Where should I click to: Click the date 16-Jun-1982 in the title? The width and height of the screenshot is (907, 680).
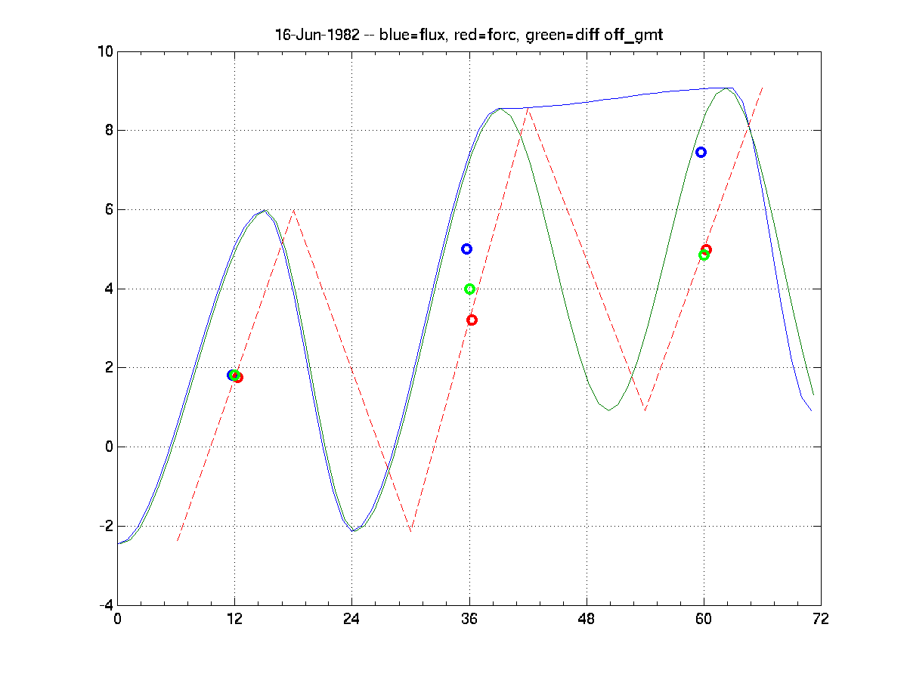click(312, 36)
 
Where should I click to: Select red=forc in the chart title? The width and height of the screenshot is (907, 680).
click(467, 36)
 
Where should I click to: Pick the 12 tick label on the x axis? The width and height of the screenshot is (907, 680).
click(234, 619)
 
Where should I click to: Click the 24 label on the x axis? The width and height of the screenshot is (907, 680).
click(351, 619)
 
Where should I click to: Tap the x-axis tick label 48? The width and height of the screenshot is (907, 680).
click(587, 619)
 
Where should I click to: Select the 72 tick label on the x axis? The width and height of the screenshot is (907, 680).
click(821, 619)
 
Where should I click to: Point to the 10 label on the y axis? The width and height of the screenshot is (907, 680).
click(104, 51)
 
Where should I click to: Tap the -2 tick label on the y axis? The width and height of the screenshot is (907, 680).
click(104, 526)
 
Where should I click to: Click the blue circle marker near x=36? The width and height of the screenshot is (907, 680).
click(466, 249)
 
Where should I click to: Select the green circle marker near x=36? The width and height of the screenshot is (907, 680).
click(469, 289)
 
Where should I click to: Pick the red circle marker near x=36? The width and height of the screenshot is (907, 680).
click(472, 320)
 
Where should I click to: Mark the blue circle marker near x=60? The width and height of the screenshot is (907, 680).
click(701, 152)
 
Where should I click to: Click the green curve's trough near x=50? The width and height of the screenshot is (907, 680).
click(608, 410)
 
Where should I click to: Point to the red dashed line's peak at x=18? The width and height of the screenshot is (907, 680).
click(293, 210)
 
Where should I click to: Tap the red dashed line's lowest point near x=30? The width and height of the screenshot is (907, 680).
click(410, 530)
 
